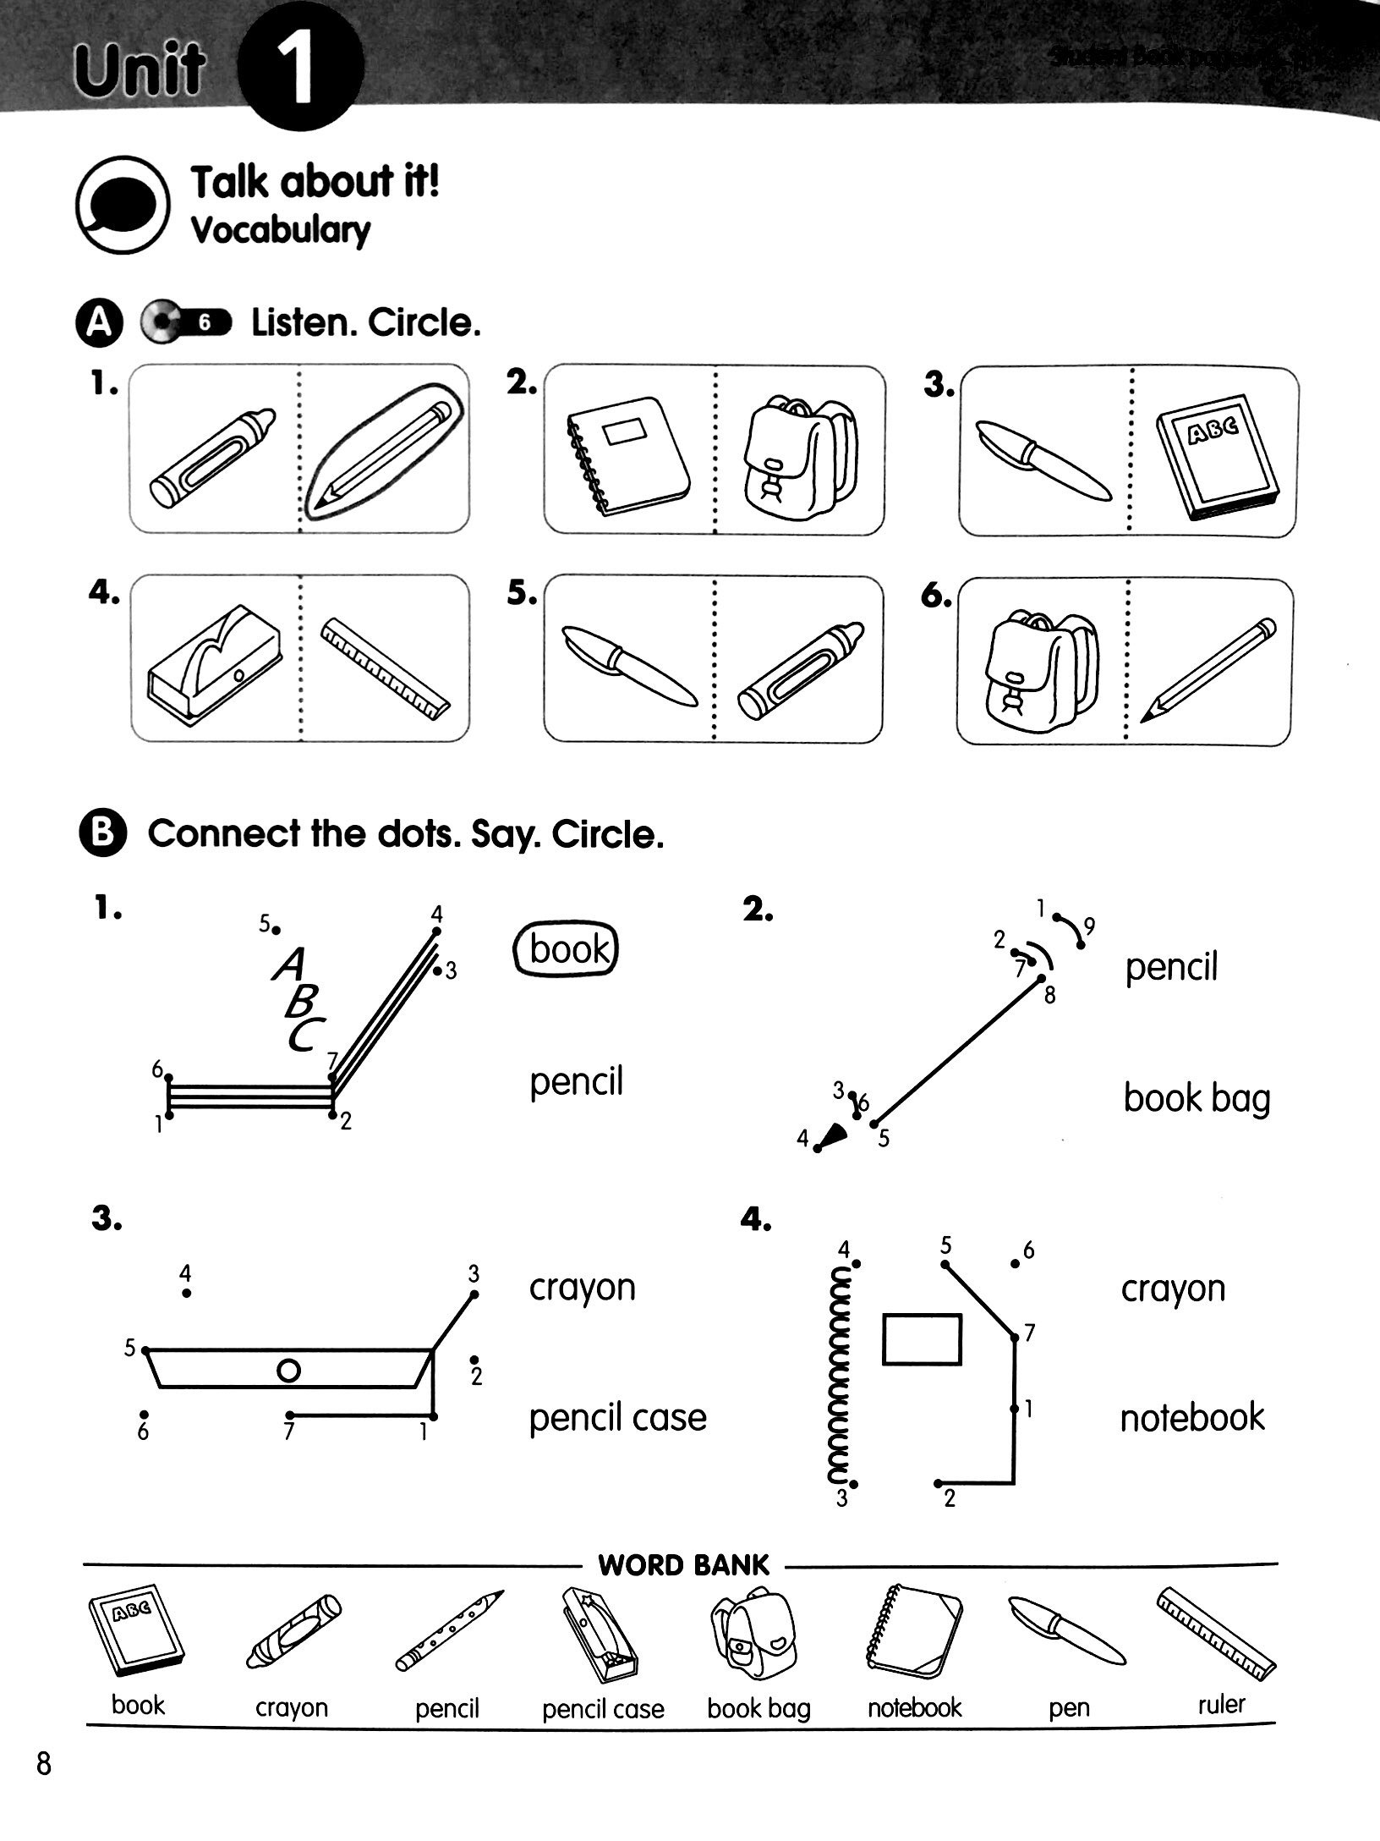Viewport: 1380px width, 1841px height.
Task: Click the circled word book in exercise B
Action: coord(567,948)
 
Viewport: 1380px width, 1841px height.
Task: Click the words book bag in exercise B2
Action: coord(1197,1098)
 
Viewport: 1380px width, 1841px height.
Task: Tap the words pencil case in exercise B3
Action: coord(617,1418)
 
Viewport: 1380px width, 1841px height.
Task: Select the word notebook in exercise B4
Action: coord(1192,1417)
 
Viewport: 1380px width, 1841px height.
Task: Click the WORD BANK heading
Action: coord(683,1565)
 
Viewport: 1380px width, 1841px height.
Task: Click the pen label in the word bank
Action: coord(1068,1708)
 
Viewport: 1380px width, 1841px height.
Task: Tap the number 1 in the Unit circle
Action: coord(300,72)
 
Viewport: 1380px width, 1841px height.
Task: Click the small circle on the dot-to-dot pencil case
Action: coord(288,1371)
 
